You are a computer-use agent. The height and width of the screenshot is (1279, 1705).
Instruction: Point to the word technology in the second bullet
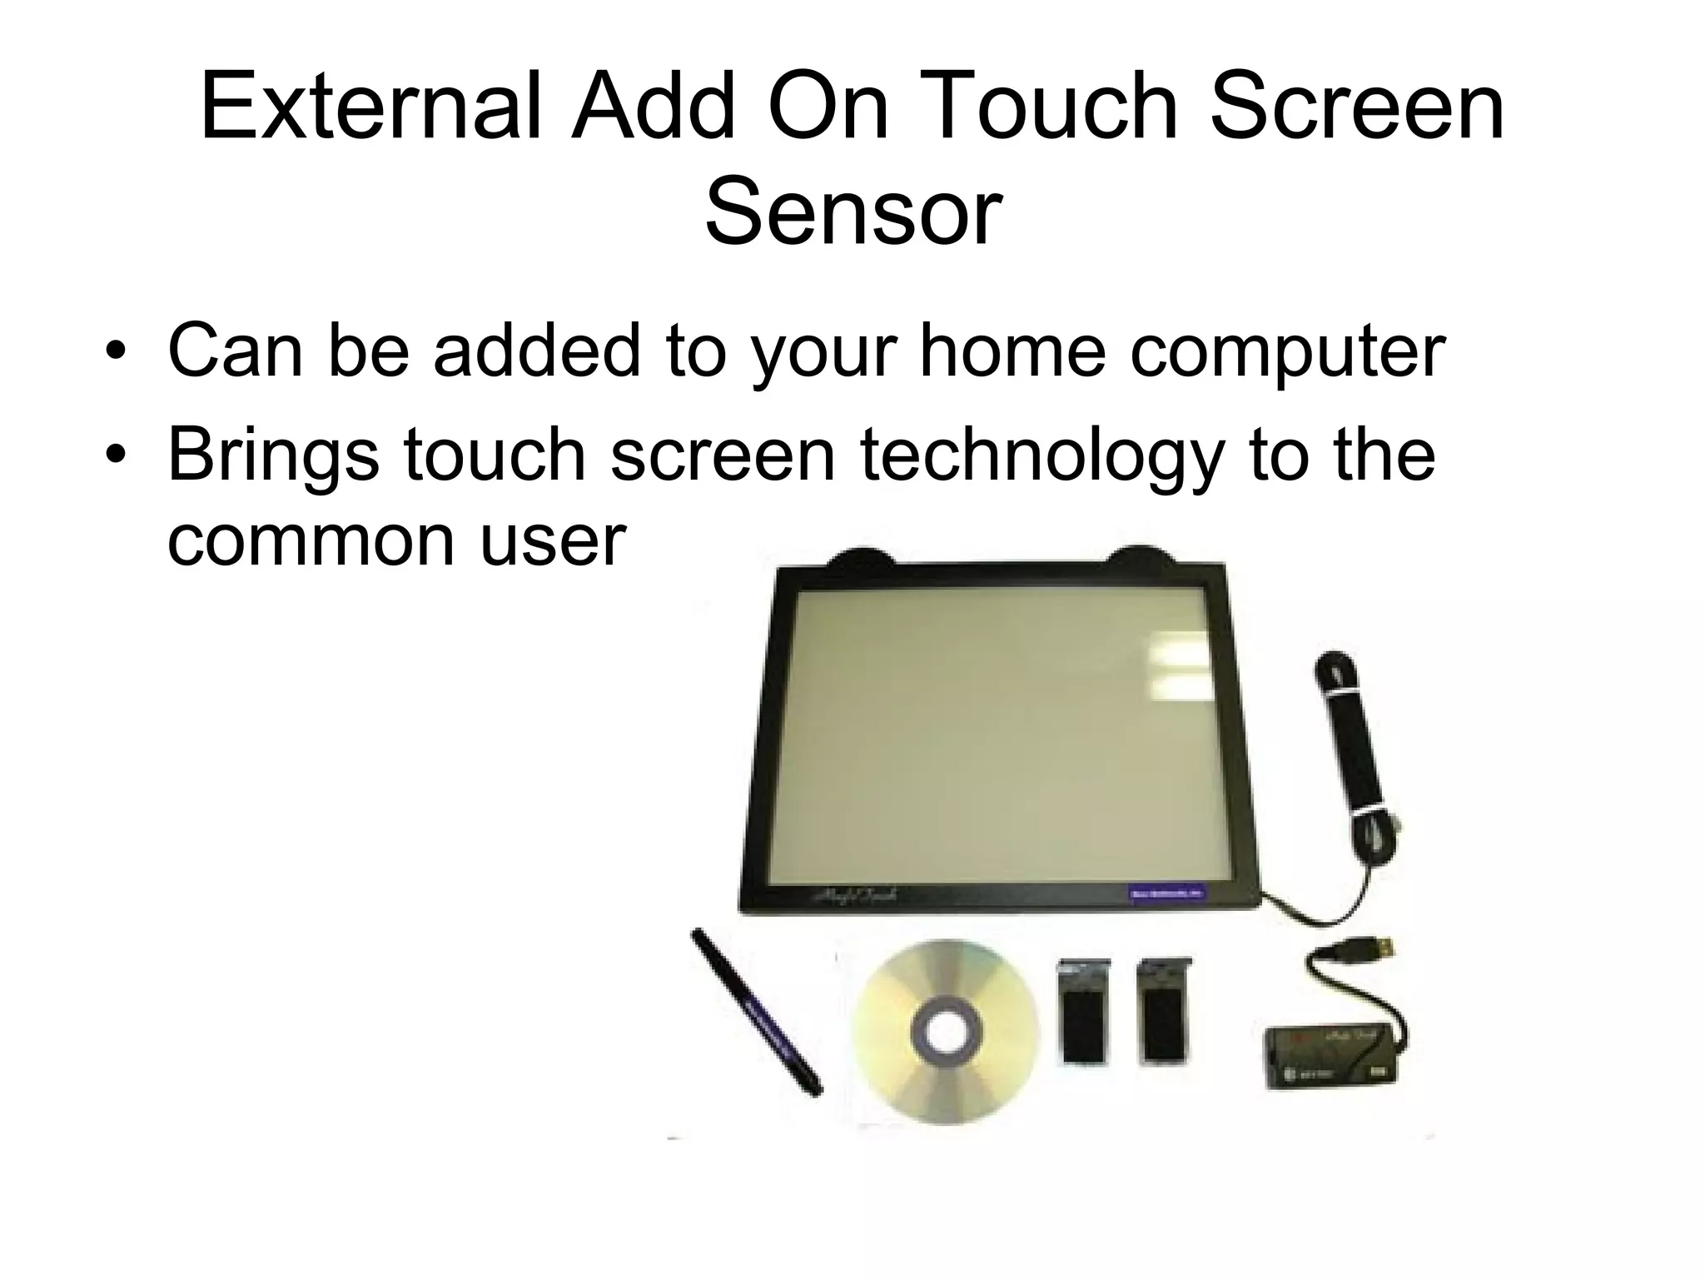tap(1041, 456)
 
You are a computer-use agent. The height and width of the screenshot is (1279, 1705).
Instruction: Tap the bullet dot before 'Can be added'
tap(116, 351)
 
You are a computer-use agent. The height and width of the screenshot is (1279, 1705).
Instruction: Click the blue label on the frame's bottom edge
tap(1170, 892)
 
